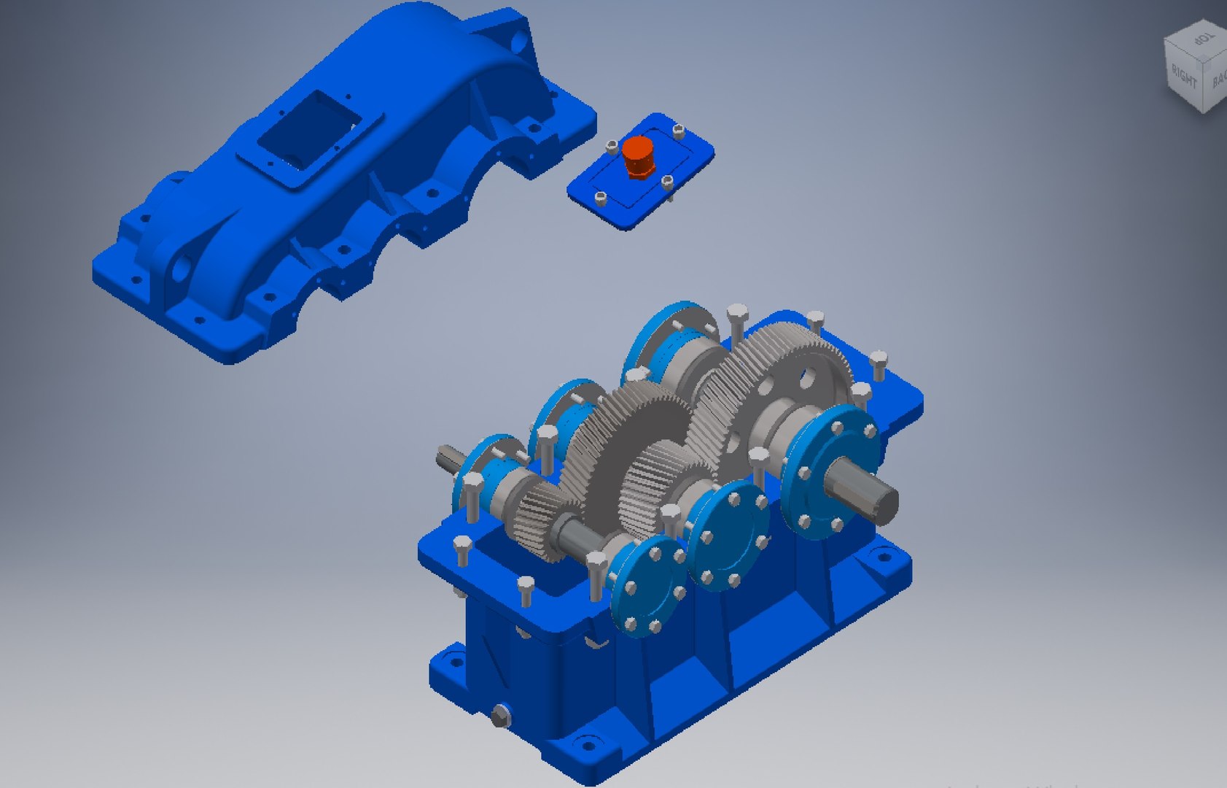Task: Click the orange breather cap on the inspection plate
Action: [x=639, y=155]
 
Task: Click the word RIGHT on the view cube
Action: [x=1184, y=75]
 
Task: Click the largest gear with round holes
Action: [x=787, y=379]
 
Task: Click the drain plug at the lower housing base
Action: [x=500, y=716]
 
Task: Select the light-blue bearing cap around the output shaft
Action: [x=831, y=471]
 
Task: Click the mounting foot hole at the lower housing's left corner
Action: [x=453, y=663]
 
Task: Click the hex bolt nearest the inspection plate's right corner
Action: [x=679, y=131]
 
